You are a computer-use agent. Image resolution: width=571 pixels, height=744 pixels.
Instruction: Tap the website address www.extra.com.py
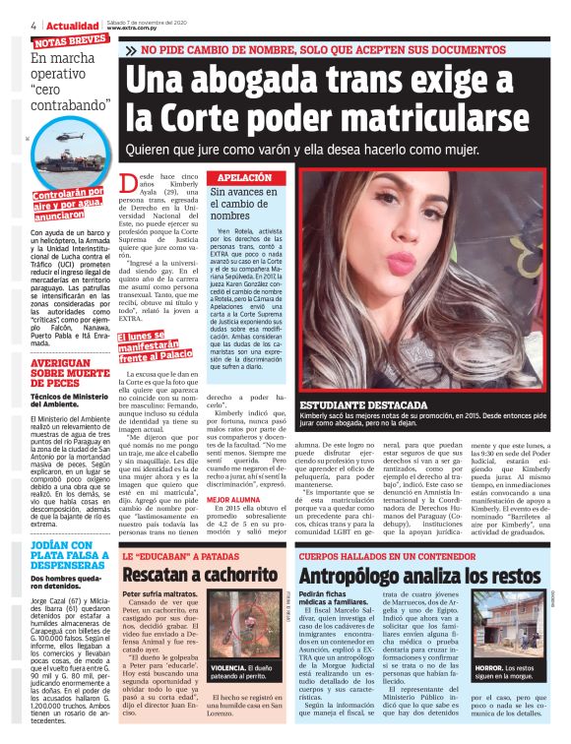[x=135, y=30]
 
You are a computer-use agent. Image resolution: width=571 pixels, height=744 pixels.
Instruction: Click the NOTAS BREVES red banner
[x=70, y=42]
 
